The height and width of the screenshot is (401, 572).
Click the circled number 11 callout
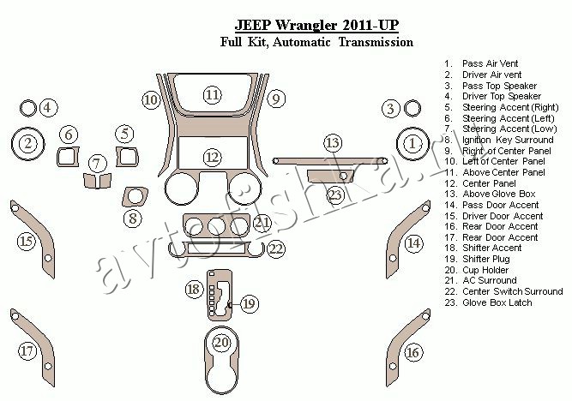(x=212, y=94)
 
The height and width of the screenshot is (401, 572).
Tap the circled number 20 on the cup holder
(x=222, y=344)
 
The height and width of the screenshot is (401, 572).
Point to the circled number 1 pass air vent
(x=413, y=142)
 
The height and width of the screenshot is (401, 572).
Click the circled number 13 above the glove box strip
(x=332, y=142)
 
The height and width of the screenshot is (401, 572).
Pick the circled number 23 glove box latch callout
(x=335, y=196)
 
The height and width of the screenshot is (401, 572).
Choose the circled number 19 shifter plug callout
(x=249, y=302)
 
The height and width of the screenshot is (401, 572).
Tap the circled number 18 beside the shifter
(x=194, y=290)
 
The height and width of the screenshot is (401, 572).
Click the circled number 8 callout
(x=133, y=218)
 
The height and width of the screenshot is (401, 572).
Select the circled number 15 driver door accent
(x=27, y=242)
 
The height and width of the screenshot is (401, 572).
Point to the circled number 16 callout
(x=412, y=352)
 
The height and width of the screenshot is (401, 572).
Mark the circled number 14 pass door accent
(x=414, y=243)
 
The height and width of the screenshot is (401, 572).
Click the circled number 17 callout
(x=27, y=350)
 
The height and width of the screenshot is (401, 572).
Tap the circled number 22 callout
(x=275, y=248)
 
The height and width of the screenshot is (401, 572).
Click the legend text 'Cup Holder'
(x=485, y=269)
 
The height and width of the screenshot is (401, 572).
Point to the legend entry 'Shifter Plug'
(x=485, y=258)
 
